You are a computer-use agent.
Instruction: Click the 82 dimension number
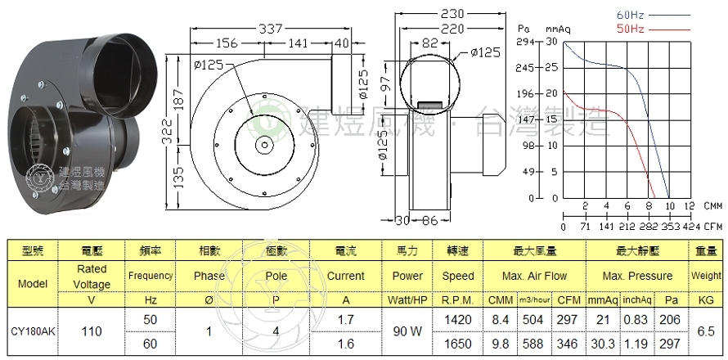tap(431, 43)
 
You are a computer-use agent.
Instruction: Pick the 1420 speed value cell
tap(458, 320)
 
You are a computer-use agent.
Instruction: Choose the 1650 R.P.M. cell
tap(458, 344)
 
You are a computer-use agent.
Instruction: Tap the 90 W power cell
tap(407, 332)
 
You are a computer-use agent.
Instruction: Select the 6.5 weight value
tap(706, 332)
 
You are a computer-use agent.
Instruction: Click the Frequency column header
tap(151, 276)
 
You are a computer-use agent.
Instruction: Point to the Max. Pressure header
tap(638, 277)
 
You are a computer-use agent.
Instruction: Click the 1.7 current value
tap(345, 320)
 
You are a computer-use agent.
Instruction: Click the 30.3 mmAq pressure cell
tap(600, 344)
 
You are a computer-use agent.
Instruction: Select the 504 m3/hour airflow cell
tap(533, 320)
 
